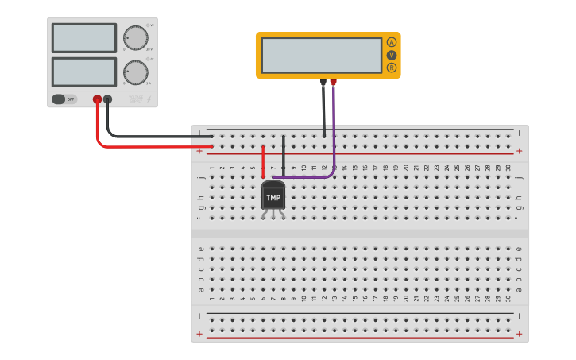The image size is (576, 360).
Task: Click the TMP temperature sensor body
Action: tap(273, 195)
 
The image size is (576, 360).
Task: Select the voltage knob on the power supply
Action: tap(136, 37)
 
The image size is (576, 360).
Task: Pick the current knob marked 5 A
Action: tap(136, 72)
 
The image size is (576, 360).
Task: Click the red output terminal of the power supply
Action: tap(97, 99)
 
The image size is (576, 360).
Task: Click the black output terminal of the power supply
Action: tap(108, 99)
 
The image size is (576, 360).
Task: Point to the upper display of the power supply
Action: tap(84, 37)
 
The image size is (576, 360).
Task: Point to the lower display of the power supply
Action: tap(84, 72)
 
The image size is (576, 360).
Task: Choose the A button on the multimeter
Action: tap(391, 42)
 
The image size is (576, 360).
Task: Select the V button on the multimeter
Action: tap(391, 55)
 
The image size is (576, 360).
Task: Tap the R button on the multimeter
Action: tap(391, 68)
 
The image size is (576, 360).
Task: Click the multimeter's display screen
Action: tap(321, 55)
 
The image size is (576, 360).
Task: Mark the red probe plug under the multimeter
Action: tap(334, 82)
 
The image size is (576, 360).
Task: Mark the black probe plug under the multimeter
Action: tap(323, 82)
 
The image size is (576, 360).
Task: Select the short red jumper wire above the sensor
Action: tap(263, 161)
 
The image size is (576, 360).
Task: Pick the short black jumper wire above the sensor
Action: tap(284, 155)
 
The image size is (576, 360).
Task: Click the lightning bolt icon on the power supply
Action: tap(149, 99)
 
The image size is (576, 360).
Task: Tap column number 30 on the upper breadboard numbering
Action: tap(508, 168)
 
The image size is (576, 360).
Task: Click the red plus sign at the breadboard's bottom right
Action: tap(519, 334)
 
